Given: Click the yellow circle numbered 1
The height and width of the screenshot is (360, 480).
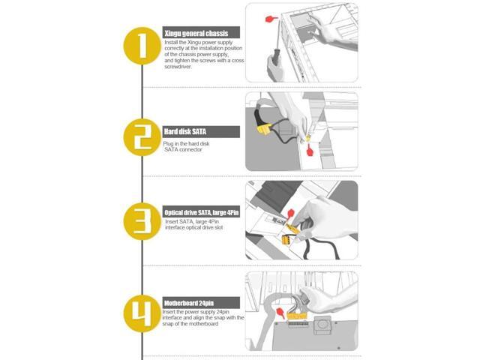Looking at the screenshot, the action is [x=142, y=46].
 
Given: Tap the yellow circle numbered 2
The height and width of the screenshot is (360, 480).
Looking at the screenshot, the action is [x=142, y=137].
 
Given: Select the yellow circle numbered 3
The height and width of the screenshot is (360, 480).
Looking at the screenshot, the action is [x=142, y=221].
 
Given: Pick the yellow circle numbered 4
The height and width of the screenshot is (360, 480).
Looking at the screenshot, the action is [x=142, y=313].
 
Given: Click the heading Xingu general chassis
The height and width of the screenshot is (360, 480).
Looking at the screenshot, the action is [x=196, y=33].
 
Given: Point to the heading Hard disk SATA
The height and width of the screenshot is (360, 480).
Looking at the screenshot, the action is [x=185, y=132].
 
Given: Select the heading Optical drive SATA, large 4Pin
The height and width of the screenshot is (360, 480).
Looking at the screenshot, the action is [x=202, y=212].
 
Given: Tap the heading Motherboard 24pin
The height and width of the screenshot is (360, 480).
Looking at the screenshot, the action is [x=189, y=303].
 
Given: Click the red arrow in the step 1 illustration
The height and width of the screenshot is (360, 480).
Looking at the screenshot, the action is [x=271, y=19].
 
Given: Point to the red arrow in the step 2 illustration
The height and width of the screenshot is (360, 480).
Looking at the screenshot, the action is [x=310, y=150].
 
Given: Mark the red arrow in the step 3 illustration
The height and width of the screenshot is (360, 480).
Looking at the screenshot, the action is [x=290, y=212].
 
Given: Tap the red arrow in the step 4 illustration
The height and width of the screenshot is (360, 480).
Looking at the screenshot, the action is [x=280, y=313].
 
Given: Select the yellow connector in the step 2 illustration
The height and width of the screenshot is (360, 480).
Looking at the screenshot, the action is [x=263, y=129].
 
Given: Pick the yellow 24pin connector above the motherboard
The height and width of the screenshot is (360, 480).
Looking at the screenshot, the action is [x=297, y=316].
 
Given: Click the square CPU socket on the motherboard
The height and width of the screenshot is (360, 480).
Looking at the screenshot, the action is [x=322, y=324].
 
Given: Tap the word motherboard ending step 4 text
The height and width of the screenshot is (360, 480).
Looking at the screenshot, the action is [x=203, y=324].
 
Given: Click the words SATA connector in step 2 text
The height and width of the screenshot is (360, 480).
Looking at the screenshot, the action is [x=183, y=150].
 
